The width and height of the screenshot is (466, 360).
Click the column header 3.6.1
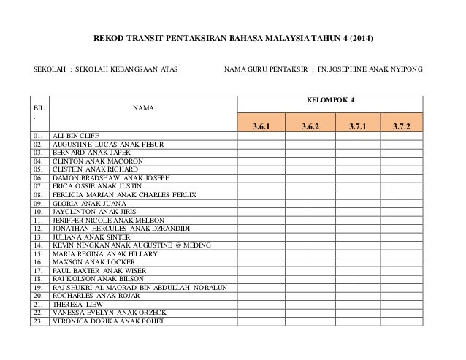click(261, 126)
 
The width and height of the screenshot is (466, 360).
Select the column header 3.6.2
click(310, 126)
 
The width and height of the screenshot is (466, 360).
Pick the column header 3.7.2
click(401, 126)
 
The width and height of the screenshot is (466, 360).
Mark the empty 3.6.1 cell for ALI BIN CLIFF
click(261, 136)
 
